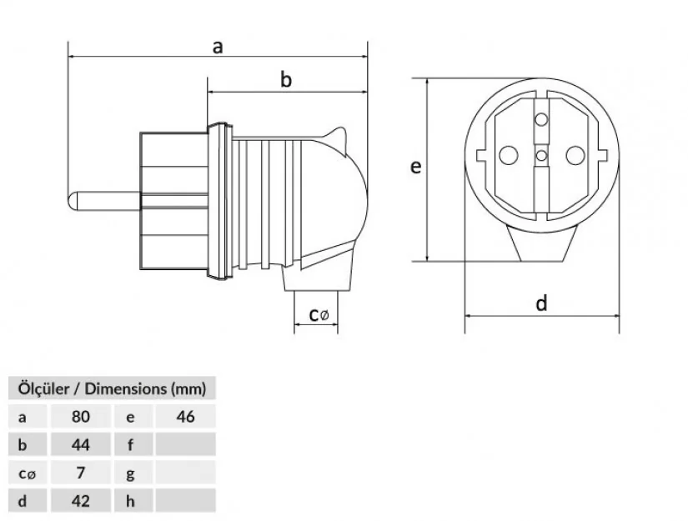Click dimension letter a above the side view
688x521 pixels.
[217, 47]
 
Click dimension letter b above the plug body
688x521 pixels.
[285, 80]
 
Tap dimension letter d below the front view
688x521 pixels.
[542, 303]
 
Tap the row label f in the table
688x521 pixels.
[130, 444]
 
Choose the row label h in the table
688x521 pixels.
[130, 501]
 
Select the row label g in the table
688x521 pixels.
[130, 473]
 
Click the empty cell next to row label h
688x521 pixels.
[185, 501]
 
